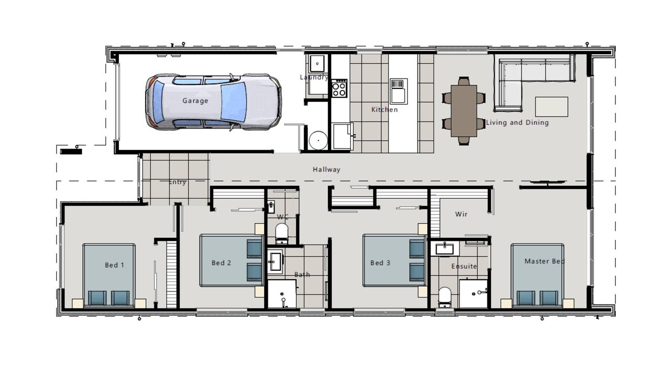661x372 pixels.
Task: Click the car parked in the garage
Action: (x=213, y=102)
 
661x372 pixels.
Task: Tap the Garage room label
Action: (x=195, y=101)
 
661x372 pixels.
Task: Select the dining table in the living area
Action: (x=464, y=111)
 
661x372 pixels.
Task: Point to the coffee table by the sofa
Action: (x=552, y=107)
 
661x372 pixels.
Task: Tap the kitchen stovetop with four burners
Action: (x=339, y=89)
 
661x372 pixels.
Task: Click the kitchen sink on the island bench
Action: (x=399, y=91)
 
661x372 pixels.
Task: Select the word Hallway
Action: (x=326, y=169)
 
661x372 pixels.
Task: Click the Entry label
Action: (x=177, y=182)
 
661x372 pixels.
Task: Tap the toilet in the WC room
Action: (x=282, y=233)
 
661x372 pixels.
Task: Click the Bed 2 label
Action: (x=221, y=263)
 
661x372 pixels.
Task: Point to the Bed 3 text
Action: (x=380, y=263)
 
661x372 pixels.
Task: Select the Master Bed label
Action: (x=544, y=261)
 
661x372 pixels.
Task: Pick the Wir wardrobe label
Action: (x=461, y=214)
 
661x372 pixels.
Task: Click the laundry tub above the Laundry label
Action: (x=317, y=64)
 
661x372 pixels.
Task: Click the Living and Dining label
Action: (x=517, y=123)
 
